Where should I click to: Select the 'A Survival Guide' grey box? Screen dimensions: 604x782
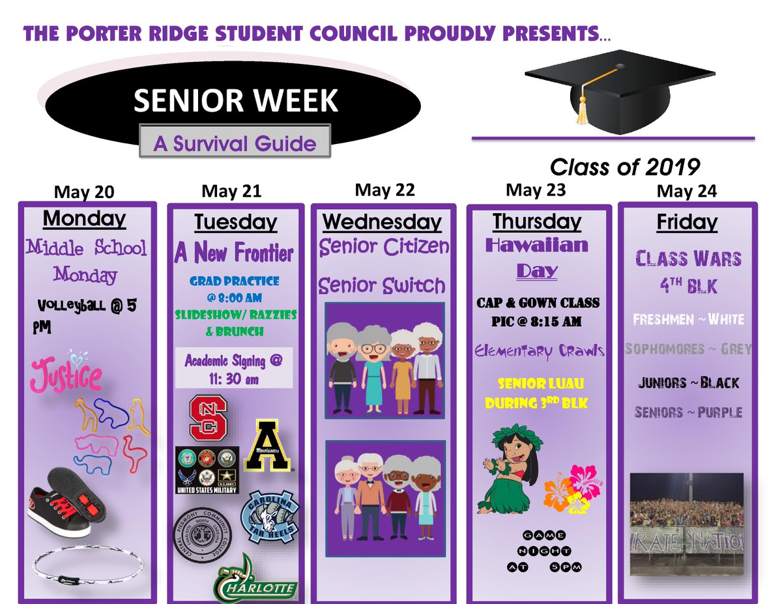click(235, 143)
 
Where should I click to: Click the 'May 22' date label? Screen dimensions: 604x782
click(384, 190)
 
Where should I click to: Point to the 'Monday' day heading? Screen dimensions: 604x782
click(84, 219)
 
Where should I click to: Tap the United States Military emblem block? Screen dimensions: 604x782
click(207, 469)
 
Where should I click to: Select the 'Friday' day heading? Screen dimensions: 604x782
click(687, 222)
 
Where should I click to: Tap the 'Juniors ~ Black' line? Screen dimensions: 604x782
click(688, 382)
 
